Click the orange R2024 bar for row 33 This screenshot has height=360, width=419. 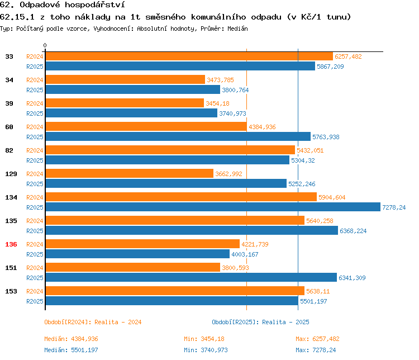pos(189,56)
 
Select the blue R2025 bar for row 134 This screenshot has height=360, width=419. pos(212,207)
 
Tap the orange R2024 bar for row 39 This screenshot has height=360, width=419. pos(125,103)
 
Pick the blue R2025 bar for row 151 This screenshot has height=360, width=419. pos(191,278)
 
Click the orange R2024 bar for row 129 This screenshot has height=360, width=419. pos(129,174)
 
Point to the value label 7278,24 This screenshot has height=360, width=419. pos(393,207)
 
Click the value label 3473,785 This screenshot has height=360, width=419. pos(220,80)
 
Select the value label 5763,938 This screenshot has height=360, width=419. pos(326,137)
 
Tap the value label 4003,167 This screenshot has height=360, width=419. pos(245,254)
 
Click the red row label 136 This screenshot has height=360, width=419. pos(11,244)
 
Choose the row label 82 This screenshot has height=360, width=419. pos(9,150)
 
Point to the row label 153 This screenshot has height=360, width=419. pos(11,291)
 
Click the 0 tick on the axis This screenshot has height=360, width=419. pos(45,45)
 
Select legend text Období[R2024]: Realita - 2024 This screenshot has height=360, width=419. pos(93,322)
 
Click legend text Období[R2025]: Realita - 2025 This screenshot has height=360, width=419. pos(260,322)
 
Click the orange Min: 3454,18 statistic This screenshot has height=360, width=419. pos(204,339)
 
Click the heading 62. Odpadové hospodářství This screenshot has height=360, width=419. pos(61,5)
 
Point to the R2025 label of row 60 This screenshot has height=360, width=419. pos(35,137)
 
